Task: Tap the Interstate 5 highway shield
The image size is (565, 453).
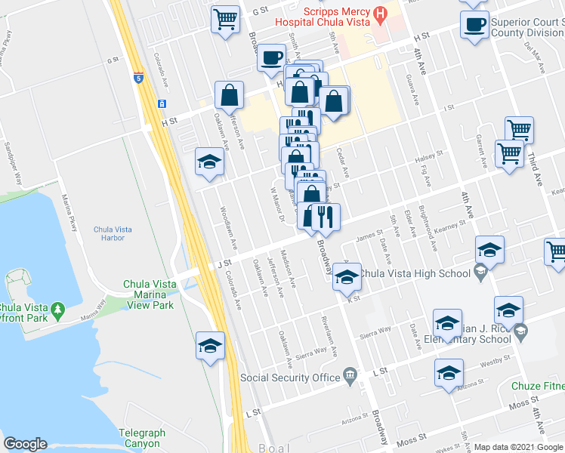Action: [138, 76]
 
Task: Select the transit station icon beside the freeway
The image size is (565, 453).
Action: [162, 103]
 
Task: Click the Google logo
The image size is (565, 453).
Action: [25, 444]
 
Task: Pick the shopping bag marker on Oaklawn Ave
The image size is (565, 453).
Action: [229, 96]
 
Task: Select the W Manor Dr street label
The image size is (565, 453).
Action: [276, 205]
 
